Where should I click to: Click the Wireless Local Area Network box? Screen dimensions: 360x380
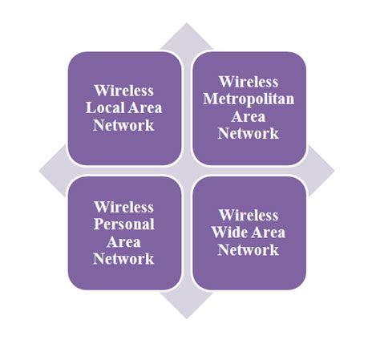tap(124, 107)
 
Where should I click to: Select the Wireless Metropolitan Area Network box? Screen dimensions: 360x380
tap(249, 107)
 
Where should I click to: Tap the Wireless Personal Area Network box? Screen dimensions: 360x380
tap(124, 233)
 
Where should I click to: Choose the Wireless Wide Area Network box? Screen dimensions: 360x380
tap(249, 233)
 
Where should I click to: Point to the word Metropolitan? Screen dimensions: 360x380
tap(249, 99)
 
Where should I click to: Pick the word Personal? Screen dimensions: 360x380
tap(124, 224)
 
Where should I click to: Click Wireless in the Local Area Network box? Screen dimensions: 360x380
tap(124, 90)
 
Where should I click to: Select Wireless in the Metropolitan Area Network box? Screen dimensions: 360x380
tap(249, 81)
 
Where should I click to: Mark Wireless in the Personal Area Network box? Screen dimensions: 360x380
tap(124, 207)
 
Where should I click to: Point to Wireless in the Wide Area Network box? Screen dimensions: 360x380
tap(249, 216)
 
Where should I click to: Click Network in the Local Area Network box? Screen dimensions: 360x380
tap(124, 125)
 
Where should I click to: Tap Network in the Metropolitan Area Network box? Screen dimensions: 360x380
tap(249, 134)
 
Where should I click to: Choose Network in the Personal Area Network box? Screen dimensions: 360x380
tap(124, 259)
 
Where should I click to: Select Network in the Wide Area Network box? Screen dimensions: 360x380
tap(249, 250)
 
